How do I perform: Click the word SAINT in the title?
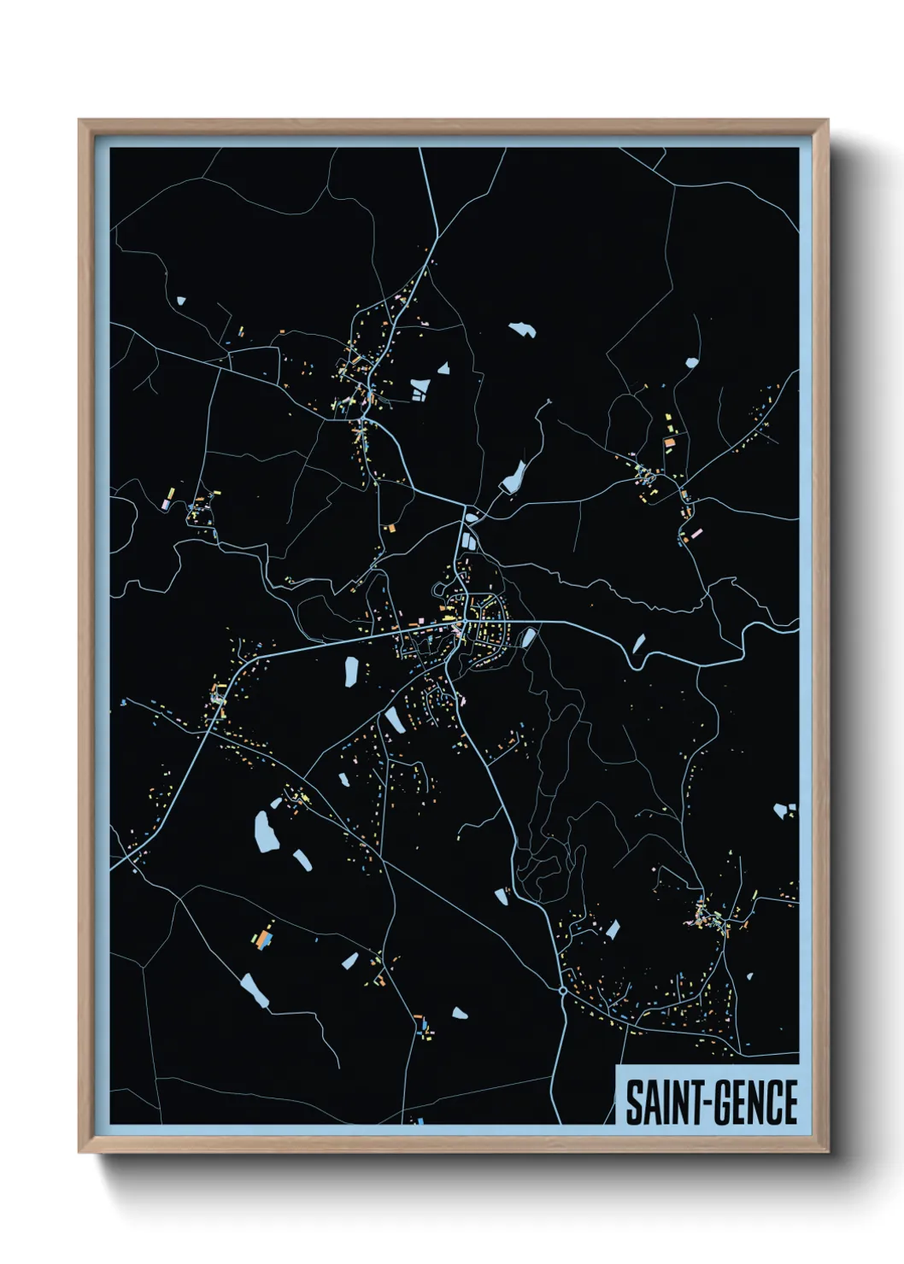coord(661,1103)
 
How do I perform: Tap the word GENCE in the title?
coord(755,1103)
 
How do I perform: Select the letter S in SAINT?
coord(634,1103)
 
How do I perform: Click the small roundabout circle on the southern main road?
coord(562,991)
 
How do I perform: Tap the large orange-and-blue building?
coord(263,939)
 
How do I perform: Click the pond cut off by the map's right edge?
coord(784,810)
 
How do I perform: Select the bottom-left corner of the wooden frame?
coord(79,1151)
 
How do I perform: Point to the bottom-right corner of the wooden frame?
coord(827,1151)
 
